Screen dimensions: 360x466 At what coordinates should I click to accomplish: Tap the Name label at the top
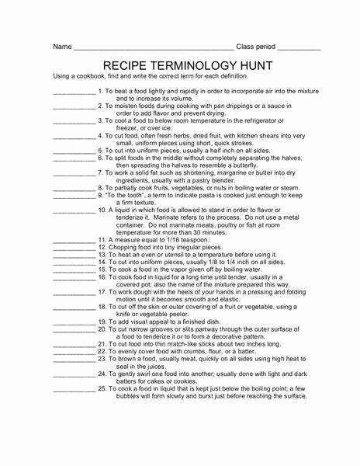[62, 47]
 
